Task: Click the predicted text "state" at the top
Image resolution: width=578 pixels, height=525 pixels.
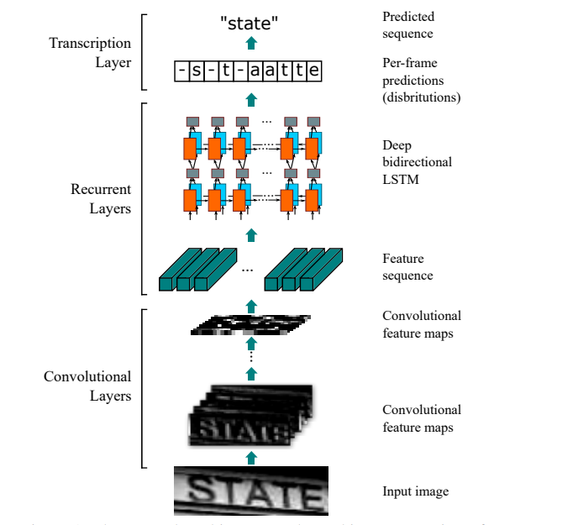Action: click(x=249, y=24)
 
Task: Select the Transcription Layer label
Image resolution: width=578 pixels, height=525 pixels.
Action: click(x=90, y=52)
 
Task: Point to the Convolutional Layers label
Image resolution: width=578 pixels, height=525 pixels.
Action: click(x=87, y=386)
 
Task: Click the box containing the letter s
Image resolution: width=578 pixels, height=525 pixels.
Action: click(x=197, y=71)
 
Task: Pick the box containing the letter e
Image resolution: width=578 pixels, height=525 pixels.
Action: click(x=313, y=71)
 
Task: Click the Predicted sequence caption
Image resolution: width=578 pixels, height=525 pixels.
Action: click(x=407, y=25)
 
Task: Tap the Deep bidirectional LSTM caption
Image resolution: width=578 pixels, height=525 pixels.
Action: click(x=417, y=161)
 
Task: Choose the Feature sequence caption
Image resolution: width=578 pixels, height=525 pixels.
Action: click(x=407, y=267)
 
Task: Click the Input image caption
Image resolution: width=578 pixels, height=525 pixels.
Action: click(x=415, y=491)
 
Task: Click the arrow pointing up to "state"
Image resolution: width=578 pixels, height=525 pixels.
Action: click(x=250, y=45)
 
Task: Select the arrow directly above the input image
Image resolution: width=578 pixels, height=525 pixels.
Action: click(x=250, y=455)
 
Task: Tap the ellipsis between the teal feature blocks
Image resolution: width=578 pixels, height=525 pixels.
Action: click(x=247, y=270)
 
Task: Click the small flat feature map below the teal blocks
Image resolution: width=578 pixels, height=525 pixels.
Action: click(x=249, y=326)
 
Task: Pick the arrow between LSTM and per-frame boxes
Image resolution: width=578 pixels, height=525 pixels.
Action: click(x=250, y=99)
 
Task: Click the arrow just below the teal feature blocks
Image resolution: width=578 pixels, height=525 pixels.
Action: click(x=250, y=303)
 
